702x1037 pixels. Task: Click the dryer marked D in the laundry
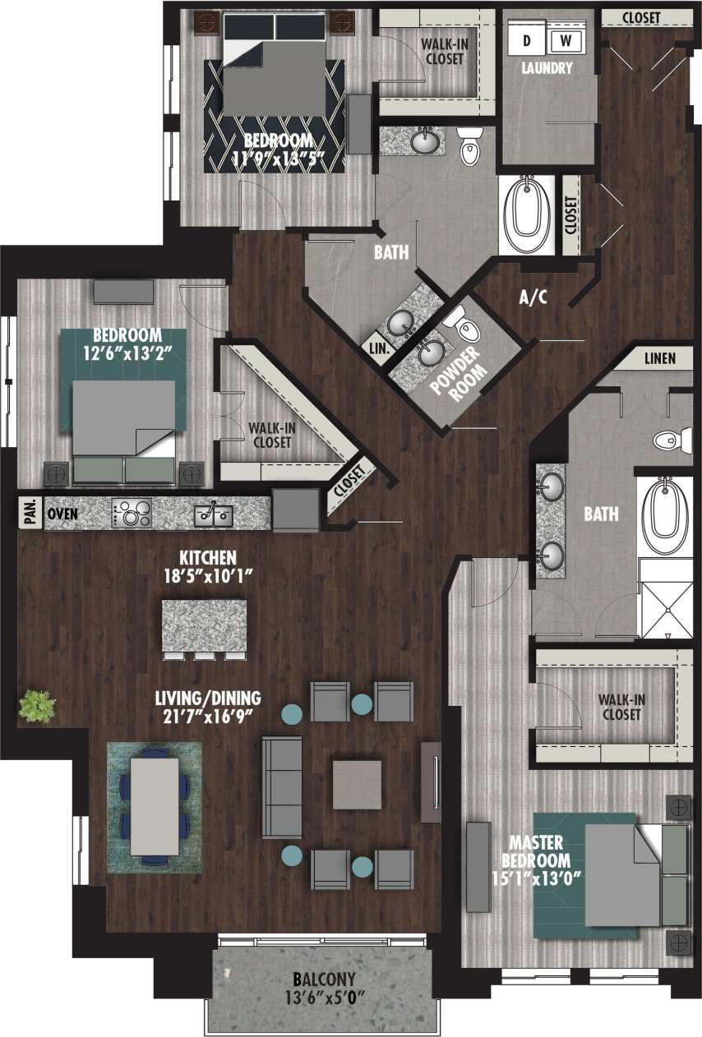pyautogui.click(x=525, y=39)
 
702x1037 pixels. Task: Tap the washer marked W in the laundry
pyautogui.click(x=565, y=39)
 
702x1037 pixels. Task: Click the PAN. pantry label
pyautogui.click(x=28, y=512)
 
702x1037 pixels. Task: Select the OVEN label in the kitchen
pyautogui.click(x=62, y=513)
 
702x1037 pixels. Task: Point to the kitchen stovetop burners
pyautogui.click(x=132, y=514)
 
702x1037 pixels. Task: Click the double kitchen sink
pyautogui.click(x=213, y=514)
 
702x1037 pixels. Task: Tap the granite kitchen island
pyautogui.click(x=204, y=625)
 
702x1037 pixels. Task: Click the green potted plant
pyautogui.click(x=38, y=706)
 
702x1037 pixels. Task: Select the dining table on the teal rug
pyautogui.click(x=155, y=805)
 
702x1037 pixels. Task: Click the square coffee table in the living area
pyautogui.click(x=357, y=784)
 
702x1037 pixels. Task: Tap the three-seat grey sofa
pyautogui.click(x=281, y=786)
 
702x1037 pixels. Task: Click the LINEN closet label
pyautogui.click(x=660, y=358)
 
